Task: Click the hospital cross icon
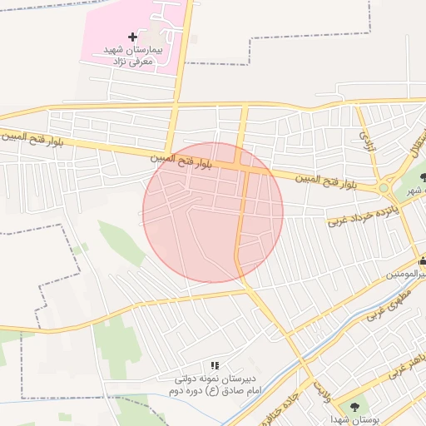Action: click(x=132, y=37)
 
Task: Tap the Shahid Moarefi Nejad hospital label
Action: click(x=136, y=57)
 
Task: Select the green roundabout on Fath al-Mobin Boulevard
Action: click(x=384, y=188)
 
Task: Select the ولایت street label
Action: click(x=322, y=389)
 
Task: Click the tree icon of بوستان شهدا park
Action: click(x=356, y=406)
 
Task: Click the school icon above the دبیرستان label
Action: click(x=215, y=365)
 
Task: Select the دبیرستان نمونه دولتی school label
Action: click(x=215, y=379)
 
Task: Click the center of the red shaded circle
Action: click(x=213, y=212)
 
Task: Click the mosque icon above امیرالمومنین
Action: click(x=423, y=261)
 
